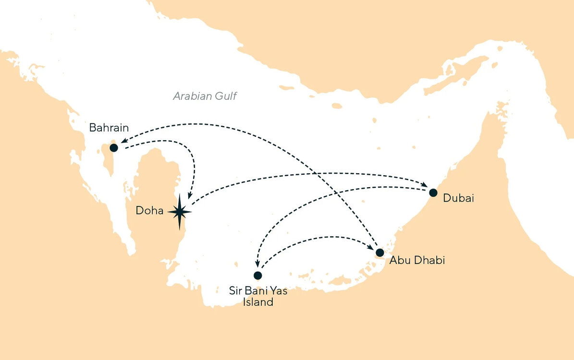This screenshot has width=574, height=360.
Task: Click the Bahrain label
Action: coord(109,128)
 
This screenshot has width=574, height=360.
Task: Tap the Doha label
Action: coord(150,210)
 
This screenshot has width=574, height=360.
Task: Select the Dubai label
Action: coord(459,198)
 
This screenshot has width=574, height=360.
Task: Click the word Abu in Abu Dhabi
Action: coord(400,261)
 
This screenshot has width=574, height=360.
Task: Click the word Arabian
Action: coord(192,96)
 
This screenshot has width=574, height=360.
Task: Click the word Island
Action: coord(257,302)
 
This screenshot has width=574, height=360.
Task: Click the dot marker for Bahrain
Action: coord(114,147)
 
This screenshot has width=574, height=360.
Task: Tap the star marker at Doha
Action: coord(180,211)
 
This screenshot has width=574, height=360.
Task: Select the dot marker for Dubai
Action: coord(433,193)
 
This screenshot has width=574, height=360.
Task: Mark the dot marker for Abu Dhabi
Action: coord(380,252)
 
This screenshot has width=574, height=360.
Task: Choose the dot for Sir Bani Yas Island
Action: coord(258,276)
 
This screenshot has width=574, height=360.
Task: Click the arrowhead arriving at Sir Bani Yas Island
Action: coord(257,265)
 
